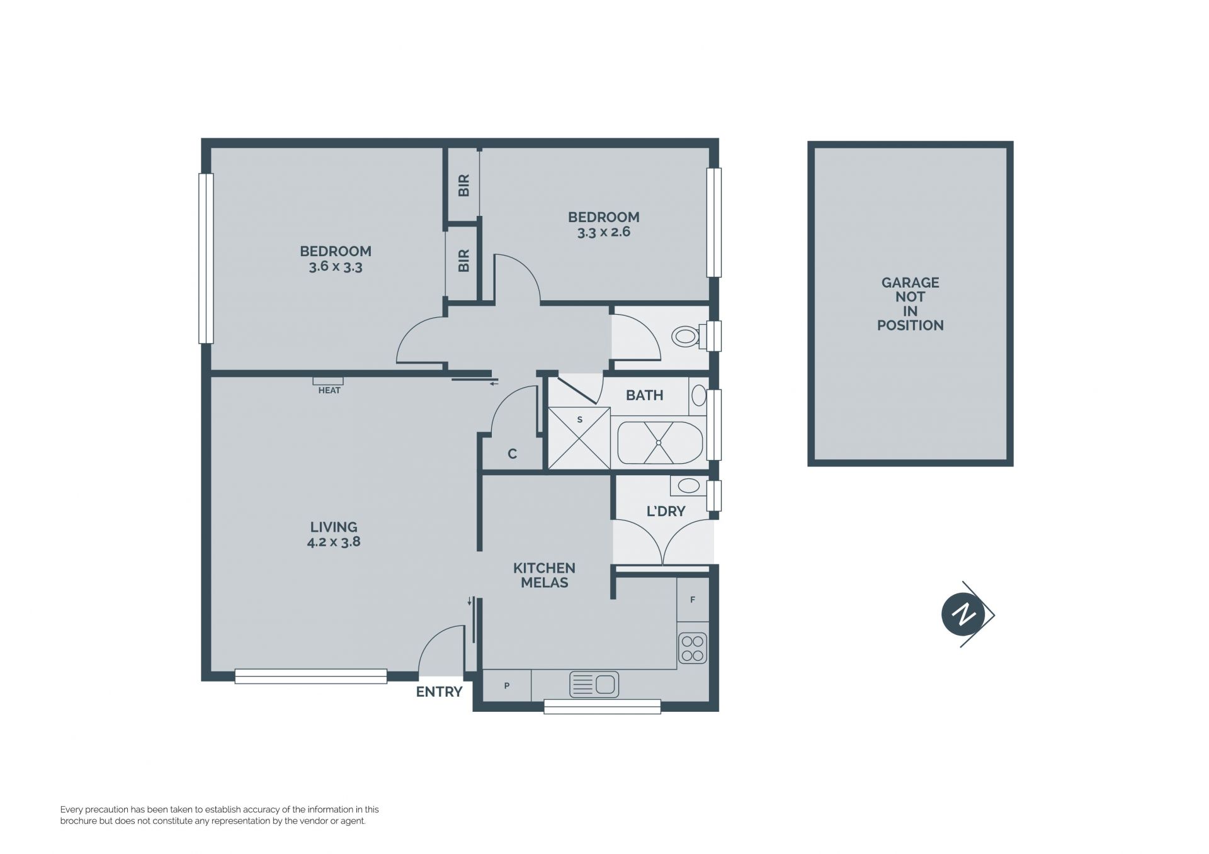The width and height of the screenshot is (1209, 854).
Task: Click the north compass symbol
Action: point(967,614)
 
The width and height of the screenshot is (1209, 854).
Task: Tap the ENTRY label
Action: point(439,692)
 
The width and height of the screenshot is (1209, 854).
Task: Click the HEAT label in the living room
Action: point(329,390)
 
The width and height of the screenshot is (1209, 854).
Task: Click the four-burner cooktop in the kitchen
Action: point(693,649)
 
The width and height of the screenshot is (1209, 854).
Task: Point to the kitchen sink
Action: point(594,684)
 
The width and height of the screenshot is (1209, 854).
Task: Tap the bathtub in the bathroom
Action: point(659,442)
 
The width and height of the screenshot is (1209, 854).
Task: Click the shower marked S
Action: point(579,438)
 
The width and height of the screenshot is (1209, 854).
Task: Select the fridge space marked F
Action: point(693,600)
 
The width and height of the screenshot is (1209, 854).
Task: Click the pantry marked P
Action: point(507,685)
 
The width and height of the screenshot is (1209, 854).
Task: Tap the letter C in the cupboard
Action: point(512,454)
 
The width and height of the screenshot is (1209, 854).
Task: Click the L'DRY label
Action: point(666,511)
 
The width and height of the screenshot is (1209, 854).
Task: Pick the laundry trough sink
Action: point(688,486)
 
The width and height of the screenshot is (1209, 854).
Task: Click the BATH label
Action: point(644,395)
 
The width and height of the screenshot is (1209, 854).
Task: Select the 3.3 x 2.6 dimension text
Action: point(603,232)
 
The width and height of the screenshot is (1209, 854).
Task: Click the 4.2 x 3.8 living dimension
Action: point(334,542)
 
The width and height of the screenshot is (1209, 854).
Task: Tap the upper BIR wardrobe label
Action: point(464,186)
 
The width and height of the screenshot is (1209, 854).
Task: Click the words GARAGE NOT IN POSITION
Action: point(910,304)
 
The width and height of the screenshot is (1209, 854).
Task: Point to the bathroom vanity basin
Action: point(698,396)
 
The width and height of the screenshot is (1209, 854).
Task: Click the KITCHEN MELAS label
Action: point(544,575)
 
